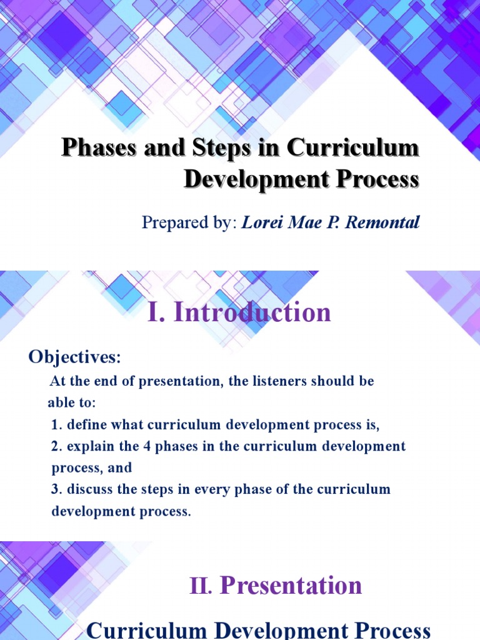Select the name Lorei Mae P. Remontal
pos(330,222)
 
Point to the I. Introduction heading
pos(239,312)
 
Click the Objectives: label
pos(74,357)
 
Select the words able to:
pos(72,403)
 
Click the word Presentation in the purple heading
pos(291,586)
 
